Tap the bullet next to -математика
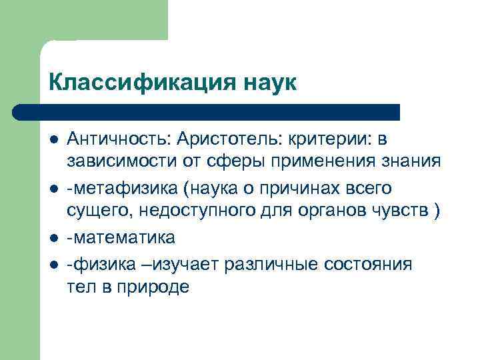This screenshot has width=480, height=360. click(53, 237)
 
